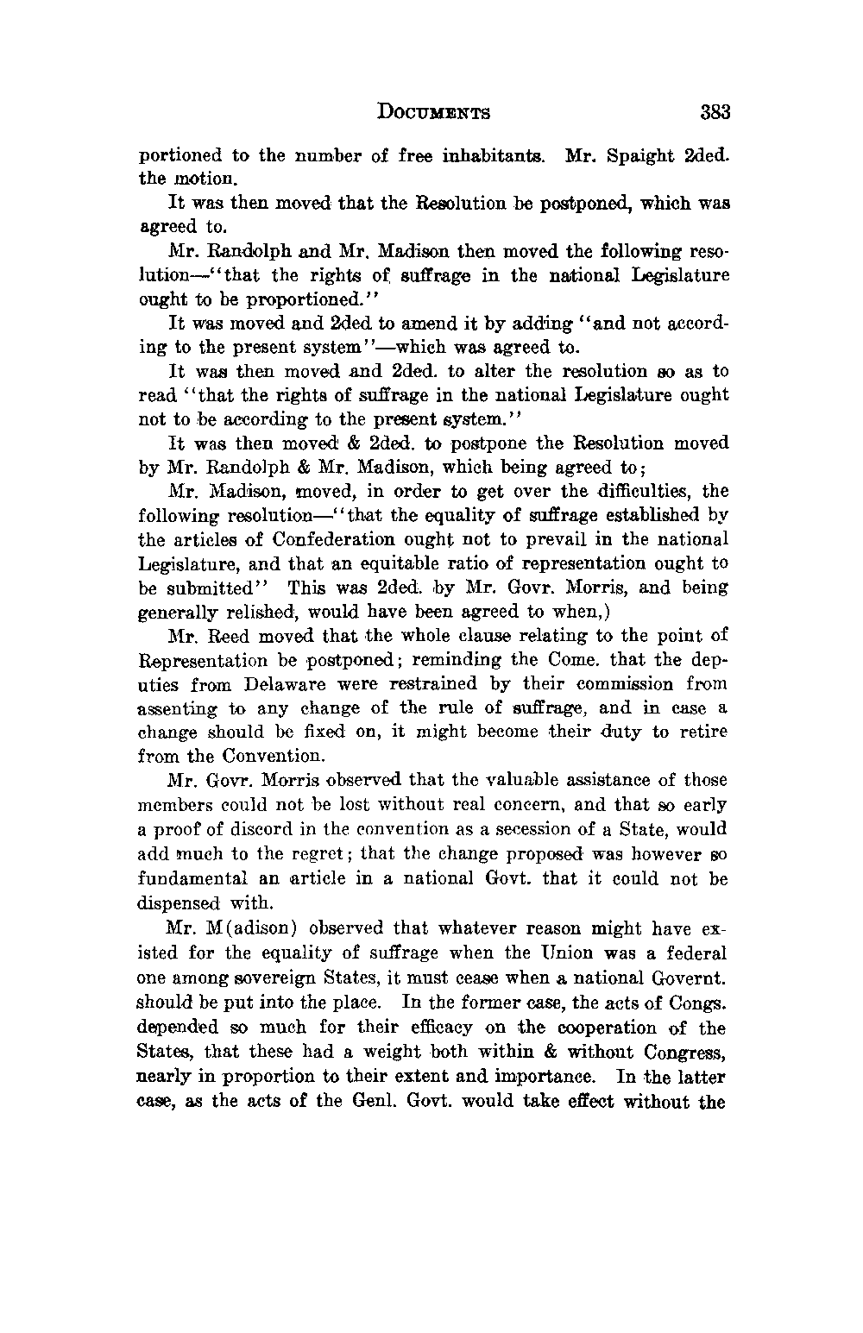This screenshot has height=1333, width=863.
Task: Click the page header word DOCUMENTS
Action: (x=434, y=112)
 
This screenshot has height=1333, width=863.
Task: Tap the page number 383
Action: (x=715, y=112)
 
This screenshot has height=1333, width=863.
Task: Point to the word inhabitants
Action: (x=494, y=156)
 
